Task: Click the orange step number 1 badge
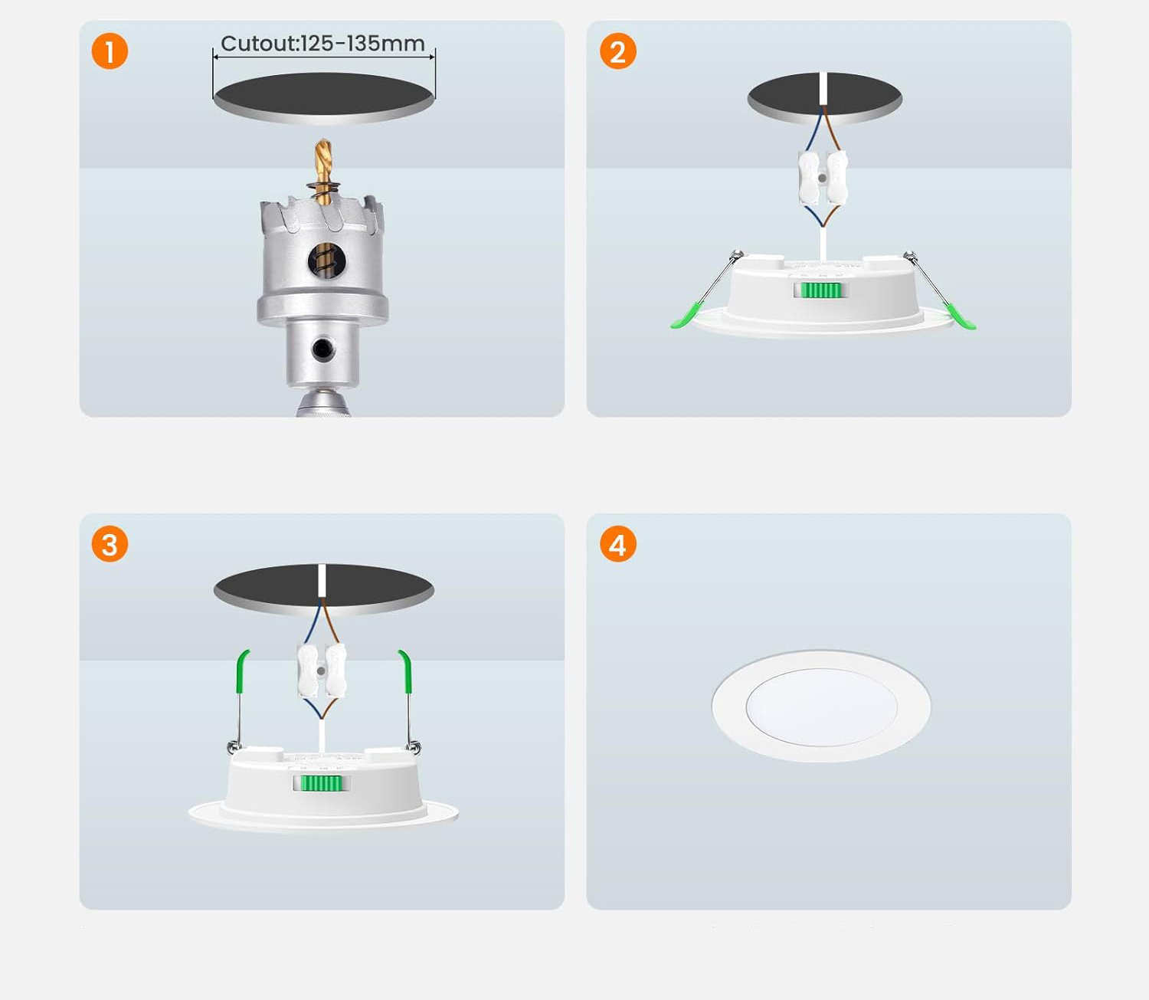110,51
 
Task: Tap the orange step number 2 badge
617,51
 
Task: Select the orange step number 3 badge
110,544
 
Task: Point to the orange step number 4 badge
617,544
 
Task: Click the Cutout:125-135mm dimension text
322,43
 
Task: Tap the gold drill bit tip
322,141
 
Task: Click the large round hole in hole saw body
327,260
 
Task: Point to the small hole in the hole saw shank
323,349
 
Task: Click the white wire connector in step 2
823,178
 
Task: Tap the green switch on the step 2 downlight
821,290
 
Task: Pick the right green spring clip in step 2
961,316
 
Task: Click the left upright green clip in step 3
243,672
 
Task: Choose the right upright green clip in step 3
405,672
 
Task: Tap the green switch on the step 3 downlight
321,783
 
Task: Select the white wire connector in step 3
321,670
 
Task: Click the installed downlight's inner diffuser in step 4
822,707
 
